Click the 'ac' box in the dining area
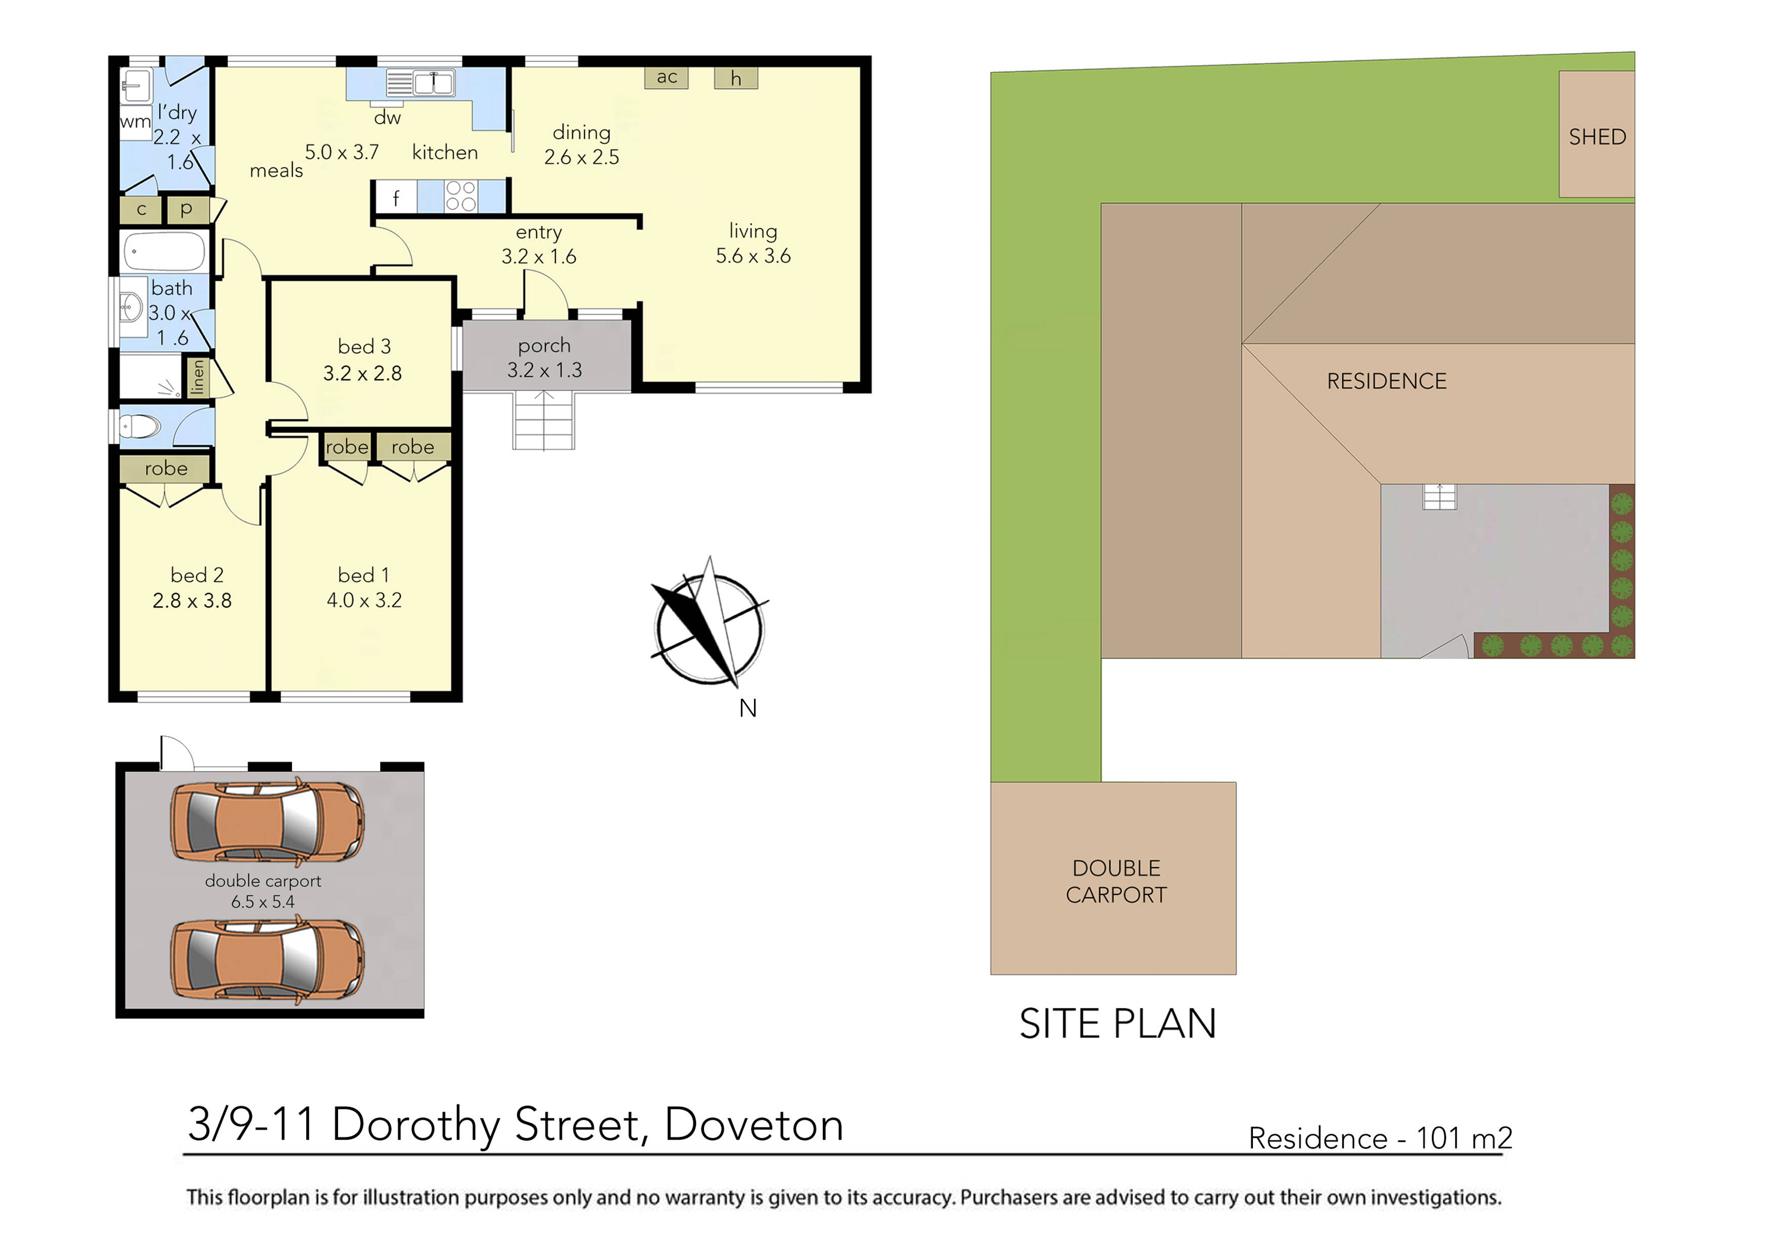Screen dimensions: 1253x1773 (667, 77)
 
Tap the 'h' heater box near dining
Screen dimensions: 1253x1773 (735, 78)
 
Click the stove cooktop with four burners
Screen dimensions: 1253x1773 (461, 196)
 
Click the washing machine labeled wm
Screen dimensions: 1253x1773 (135, 122)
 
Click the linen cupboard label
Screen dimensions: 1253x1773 (198, 377)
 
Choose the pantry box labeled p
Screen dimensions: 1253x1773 (186, 209)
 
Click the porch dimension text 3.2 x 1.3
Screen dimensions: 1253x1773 (544, 370)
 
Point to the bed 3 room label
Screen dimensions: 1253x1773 (364, 347)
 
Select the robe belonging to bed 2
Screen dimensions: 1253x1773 (165, 469)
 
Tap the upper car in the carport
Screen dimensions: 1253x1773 (266, 822)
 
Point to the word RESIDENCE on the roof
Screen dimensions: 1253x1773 (1386, 381)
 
